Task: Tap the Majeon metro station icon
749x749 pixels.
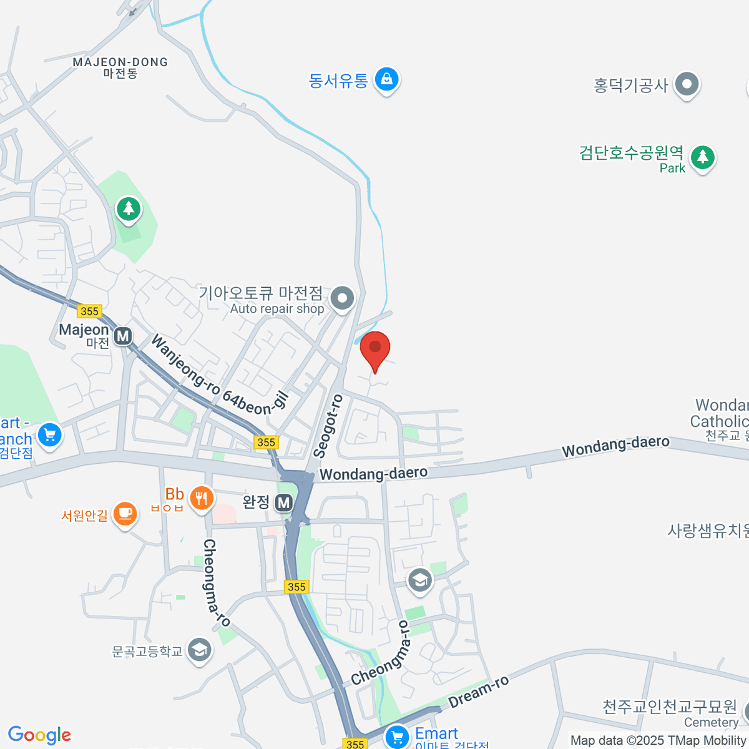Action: tap(123, 336)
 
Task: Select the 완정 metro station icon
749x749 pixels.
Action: tap(284, 502)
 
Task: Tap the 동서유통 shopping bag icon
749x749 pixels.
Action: tap(387, 79)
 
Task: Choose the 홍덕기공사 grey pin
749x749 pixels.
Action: tap(687, 83)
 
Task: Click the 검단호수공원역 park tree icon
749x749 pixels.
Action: tap(703, 156)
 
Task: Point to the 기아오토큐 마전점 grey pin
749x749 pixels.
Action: tap(342, 298)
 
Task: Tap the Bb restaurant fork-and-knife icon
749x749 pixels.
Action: tap(201, 498)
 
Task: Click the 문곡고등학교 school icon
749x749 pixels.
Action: tap(199, 650)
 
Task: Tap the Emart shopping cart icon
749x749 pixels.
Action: tap(398, 737)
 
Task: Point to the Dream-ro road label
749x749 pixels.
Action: tap(479, 692)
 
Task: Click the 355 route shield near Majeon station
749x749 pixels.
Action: tap(89, 311)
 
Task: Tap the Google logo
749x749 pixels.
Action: tap(39, 735)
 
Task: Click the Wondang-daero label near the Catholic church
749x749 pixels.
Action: tap(615, 446)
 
